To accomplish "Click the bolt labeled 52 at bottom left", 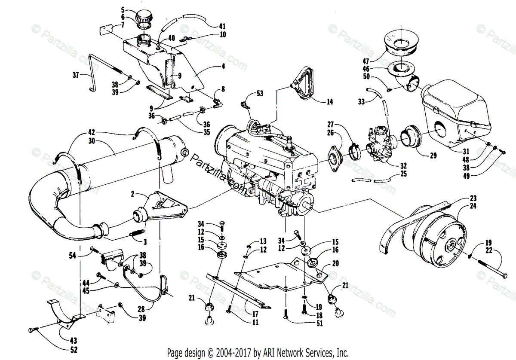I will pos(31,329).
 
